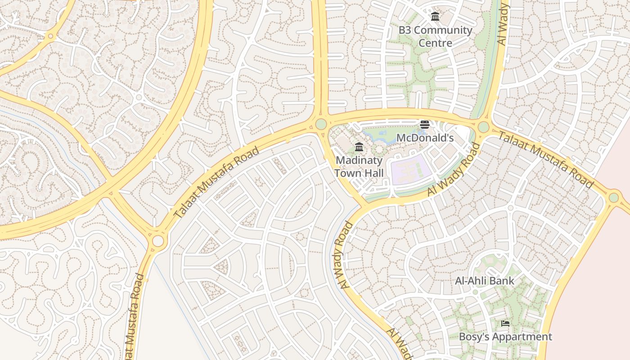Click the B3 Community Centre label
pyautogui.click(x=435, y=36)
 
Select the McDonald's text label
pyautogui.click(x=425, y=138)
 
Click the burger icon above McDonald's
pyautogui.click(x=425, y=125)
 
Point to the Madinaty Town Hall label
pyautogui.click(x=359, y=166)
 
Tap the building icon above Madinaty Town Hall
pyautogui.click(x=359, y=147)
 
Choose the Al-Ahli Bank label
pyautogui.click(x=484, y=281)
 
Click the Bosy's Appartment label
pyautogui.click(x=505, y=337)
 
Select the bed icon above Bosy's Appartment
pyautogui.click(x=505, y=324)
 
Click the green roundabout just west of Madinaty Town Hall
pyautogui.click(x=321, y=124)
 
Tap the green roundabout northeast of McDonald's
pyautogui.click(x=483, y=127)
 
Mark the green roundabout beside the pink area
pyautogui.click(x=614, y=198)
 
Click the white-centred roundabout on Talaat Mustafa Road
pyautogui.click(x=158, y=241)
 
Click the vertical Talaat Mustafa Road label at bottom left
pyautogui.click(x=135, y=315)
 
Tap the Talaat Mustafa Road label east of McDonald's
pyautogui.click(x=546, y=160)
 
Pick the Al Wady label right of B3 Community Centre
pyautogui.click(x=502, y=25)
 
